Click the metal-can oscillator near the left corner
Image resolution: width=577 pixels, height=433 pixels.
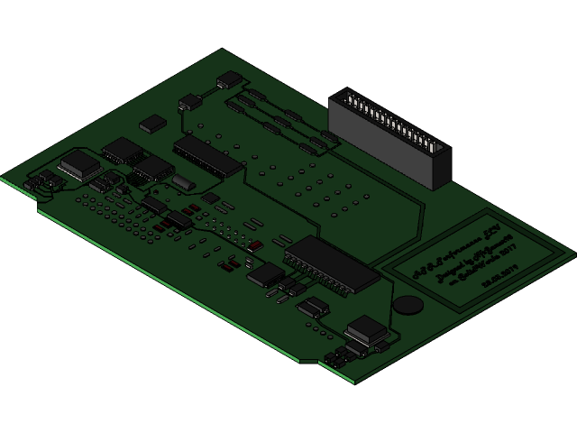point(79,163)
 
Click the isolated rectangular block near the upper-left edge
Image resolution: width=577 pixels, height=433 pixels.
point(153,124)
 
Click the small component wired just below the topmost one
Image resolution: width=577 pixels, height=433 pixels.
point(189,102)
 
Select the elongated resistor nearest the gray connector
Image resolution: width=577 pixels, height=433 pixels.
point(329,136)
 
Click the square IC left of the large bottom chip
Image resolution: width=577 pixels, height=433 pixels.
point(265,274)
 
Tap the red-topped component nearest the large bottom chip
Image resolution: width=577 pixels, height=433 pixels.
point(256,245)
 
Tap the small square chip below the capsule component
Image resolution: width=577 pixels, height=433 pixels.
point(210,198)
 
